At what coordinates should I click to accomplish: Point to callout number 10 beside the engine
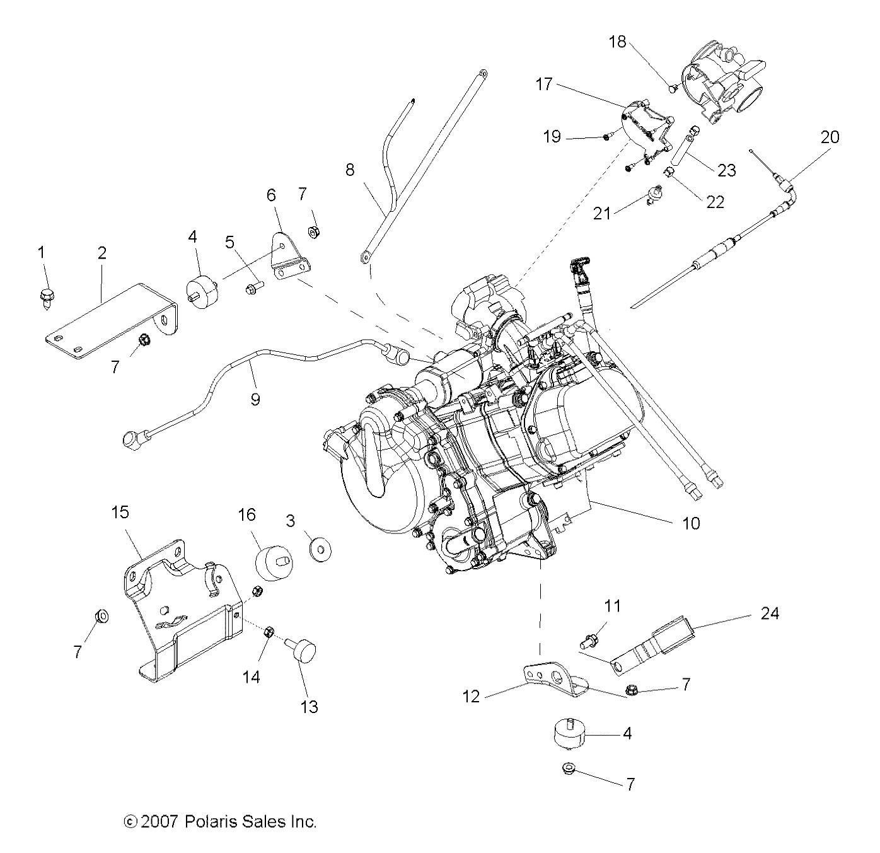[x=691, y=523]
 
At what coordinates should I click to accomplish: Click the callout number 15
[x=120, y=511]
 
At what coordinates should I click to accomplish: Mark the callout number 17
[x=544, y=83]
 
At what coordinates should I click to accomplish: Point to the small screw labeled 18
[x=672, y=87]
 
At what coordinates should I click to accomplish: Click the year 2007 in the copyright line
[x=159, y=821]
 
